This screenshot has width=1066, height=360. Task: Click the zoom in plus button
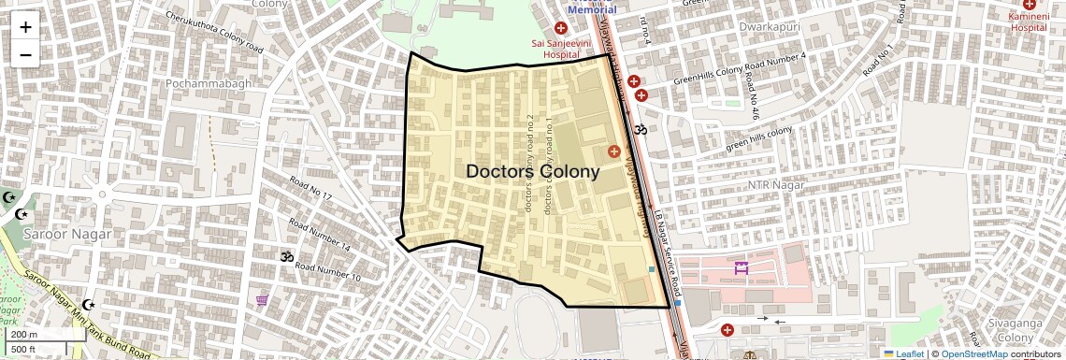point(25,27)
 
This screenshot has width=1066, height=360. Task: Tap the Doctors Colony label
point(532,172)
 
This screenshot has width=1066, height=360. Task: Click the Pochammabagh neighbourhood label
point(209,83)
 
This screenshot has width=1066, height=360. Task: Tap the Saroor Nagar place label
point(67,234)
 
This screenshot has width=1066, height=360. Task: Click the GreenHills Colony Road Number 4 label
point(745,70)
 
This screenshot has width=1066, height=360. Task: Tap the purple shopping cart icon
point(262,300)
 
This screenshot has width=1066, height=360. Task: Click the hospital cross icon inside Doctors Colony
point(614,151)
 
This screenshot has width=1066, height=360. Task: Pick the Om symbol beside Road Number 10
point(286,255)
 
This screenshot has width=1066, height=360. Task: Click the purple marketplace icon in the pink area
point(742,268)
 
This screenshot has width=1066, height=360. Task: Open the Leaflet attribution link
point(904,353)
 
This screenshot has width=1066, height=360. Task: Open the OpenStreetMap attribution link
point(973,353)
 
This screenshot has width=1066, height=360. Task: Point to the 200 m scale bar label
point(24,335)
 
